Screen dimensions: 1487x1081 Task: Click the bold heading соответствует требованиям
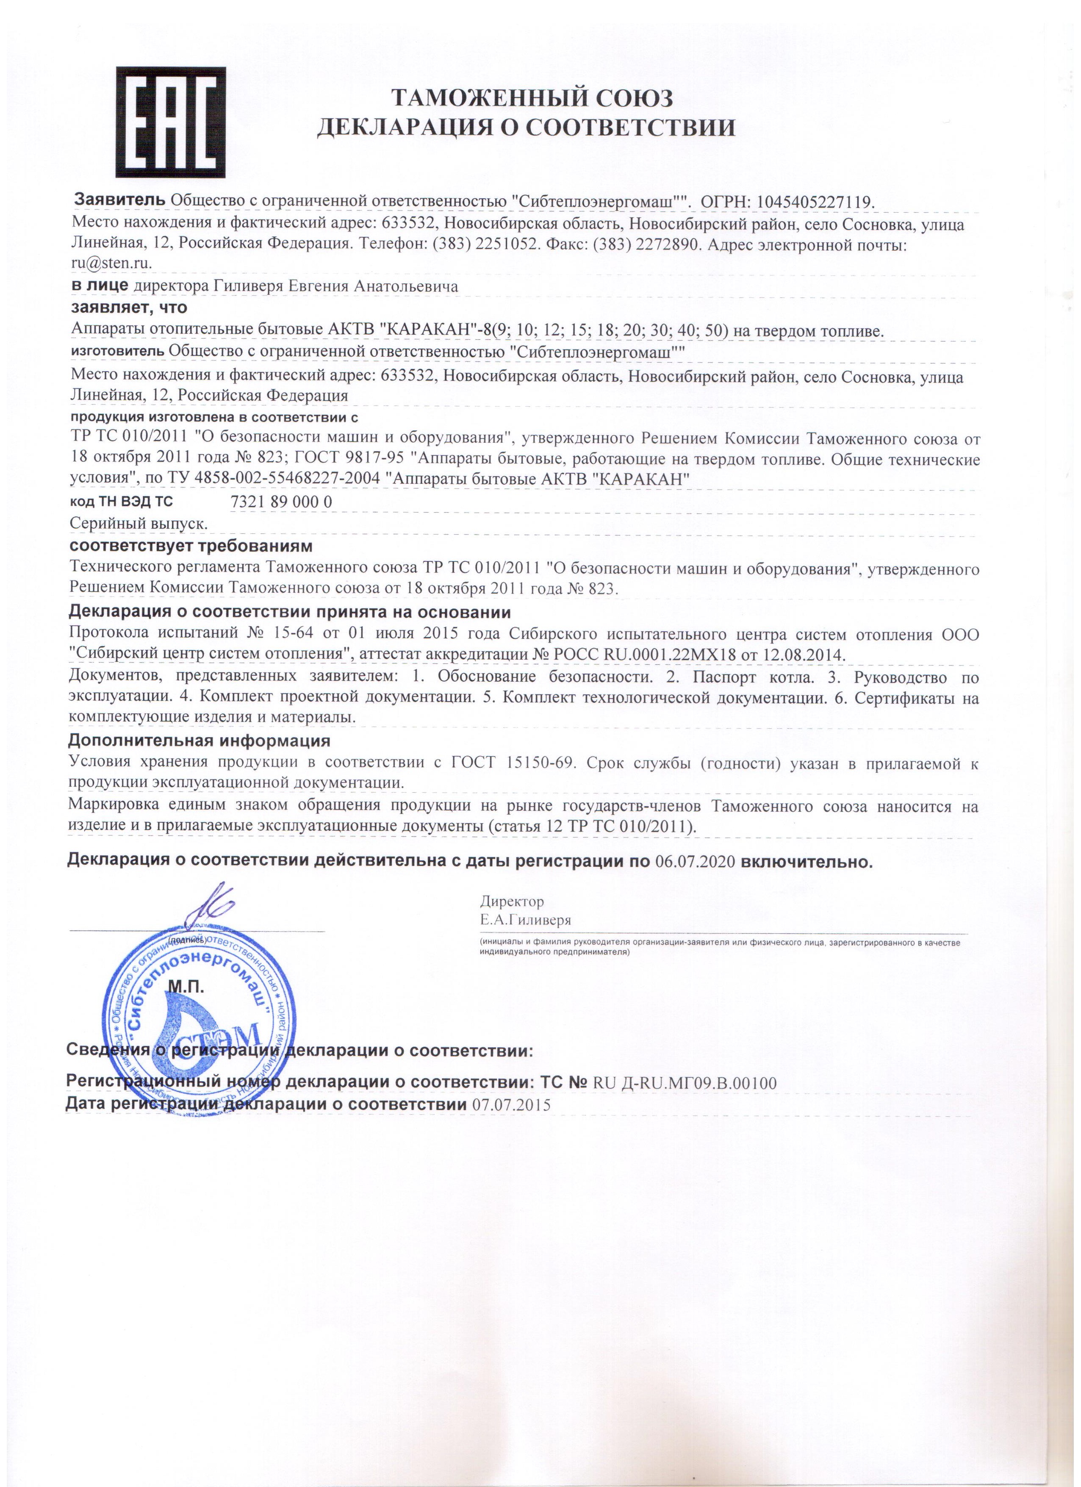click(190, 546)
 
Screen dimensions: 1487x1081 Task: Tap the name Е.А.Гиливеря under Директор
click(526, 920)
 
